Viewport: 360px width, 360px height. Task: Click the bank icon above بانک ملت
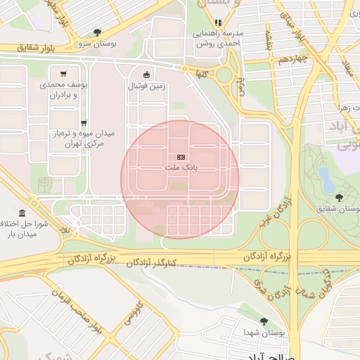tap(181, 156)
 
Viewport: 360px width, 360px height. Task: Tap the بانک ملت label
tap(181, 168)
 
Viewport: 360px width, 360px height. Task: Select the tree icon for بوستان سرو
tap(96, 32)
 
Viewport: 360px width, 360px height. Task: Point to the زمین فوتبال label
tap(146, 86)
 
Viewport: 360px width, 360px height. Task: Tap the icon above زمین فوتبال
tap(146, 75)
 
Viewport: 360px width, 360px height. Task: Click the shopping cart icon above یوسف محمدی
tap(64, 73)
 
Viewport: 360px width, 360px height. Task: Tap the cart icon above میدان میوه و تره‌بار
tap(84, 122)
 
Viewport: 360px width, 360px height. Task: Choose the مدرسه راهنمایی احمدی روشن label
tap(217, 39)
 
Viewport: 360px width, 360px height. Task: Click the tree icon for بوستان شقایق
tap(340, 198)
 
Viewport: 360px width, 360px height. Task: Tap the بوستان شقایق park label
tap(336, 209)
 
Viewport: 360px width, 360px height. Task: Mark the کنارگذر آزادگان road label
tap(151, 263)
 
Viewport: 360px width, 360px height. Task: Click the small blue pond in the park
tap(325, 175)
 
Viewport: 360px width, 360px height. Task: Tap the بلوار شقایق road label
tap(22, 48)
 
